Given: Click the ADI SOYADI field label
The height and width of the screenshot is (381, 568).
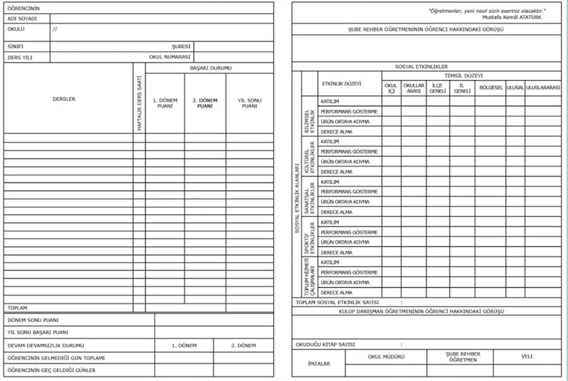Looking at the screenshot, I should [x=22, y=19].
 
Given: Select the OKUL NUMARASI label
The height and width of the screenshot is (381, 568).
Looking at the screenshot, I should [x=169, y=57].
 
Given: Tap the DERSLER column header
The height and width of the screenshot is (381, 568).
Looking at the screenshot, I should [x=64, y=99].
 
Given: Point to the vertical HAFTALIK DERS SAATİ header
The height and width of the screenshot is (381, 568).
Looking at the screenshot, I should [x=139, y=103].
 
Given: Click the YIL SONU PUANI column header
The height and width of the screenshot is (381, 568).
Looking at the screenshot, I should [x=249, y=103].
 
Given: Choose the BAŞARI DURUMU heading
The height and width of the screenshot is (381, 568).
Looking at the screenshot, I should [x=210, y=68].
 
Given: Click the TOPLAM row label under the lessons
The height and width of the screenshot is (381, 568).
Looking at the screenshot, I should [x=17, y=308].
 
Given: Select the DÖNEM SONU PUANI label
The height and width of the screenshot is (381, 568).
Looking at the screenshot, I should [x=33, y=320].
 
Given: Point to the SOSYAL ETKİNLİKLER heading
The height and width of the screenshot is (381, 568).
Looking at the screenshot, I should [x=421, y=67].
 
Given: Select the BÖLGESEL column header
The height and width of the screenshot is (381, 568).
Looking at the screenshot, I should [x=491, y=88].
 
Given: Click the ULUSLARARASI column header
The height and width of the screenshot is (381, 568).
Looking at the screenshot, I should [x=543, y=88].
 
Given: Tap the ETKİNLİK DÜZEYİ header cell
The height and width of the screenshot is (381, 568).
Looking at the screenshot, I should [x=342, y=84].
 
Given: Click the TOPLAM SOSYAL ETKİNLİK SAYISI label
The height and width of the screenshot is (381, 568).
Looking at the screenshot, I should [x=337, y=303].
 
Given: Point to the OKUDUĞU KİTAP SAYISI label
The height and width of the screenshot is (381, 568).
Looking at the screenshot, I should [x=325, y=344].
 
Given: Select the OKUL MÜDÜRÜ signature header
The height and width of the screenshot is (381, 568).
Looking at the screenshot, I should [x=386, y=357].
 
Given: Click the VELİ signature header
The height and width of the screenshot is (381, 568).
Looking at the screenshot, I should [x=526, y=357].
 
